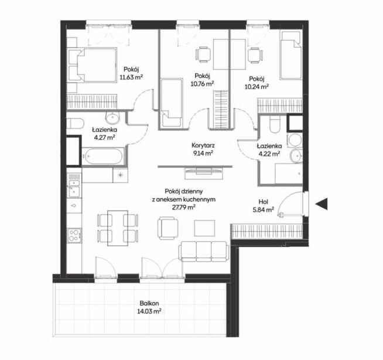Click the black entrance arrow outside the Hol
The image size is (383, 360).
click(x=322, y=203)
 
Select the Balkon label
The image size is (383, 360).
click(x=149, y=303)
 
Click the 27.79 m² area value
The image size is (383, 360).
click(x=184, y=208)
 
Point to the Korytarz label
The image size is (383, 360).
click(x=203, y=145)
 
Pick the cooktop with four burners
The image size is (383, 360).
click(x=74, y=235)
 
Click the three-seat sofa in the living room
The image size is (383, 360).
click(x=204, y=252)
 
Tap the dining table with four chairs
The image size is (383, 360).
click(x=118, y=228)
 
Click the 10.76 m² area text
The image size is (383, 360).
click(x=202, y=84)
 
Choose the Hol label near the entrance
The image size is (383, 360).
click(x=264, y=202)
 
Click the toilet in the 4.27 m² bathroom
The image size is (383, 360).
click(x=74, y=123)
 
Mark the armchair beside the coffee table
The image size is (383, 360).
click(x=168, y=228)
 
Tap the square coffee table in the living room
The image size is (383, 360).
click(x=205, y=228)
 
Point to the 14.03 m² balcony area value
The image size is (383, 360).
click(x=149, y=311)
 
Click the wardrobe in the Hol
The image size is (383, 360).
click(x=267, y=231)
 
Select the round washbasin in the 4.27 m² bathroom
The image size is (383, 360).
click(x=112, y=118)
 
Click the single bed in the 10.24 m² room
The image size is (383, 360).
click(x=290, y=55)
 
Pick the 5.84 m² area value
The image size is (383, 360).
click(x=264, y=209)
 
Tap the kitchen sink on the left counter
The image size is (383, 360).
click(x=73, y=188)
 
